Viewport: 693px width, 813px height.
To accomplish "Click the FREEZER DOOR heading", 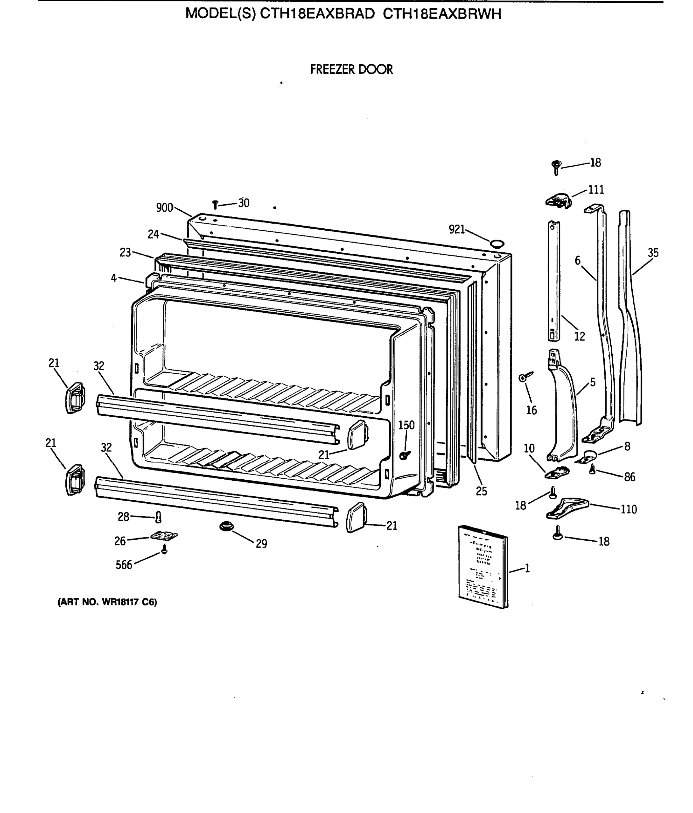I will [351, 69].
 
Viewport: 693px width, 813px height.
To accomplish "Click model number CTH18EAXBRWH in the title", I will [442, 14].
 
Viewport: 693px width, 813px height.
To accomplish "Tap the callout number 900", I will [164, 208].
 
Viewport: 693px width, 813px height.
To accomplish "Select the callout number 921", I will [456, 229].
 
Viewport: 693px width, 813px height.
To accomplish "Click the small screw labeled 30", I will [215, 204].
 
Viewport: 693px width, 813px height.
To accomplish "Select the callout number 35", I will [653, 253].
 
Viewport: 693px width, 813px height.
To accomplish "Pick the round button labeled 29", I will [226, 526].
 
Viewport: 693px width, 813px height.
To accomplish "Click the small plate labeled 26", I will [164, 536].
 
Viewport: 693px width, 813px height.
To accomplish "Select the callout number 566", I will [124, 565].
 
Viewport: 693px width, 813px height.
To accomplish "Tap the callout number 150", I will [406, 425].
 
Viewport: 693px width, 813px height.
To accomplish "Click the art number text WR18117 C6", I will [107, 602].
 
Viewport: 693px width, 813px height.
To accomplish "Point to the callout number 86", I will [629, 477].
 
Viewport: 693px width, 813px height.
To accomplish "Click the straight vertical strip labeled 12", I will [554, 280].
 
